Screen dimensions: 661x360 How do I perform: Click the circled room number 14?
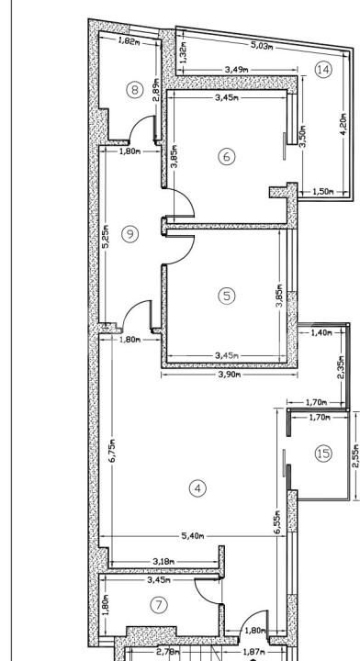(321, 70)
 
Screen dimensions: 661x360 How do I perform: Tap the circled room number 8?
(135, 89)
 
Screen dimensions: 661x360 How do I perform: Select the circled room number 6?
(227, 156)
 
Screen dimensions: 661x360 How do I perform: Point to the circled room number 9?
(129, 234)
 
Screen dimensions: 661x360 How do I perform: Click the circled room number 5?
(227, 295)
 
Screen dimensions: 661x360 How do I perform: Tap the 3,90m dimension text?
(227, 375)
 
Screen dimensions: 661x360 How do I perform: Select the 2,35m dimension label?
(340, 369)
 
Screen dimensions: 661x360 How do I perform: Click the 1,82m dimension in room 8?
(129, 41)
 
